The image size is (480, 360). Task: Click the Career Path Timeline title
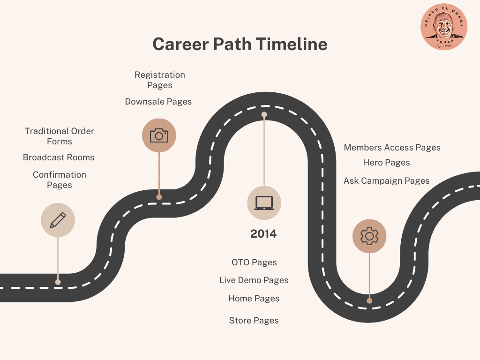tap(240, 45)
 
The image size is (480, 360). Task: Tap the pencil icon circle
tap(58, 220)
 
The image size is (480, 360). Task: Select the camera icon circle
tap(159, 135)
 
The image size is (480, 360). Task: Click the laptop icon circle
tap(264, 202)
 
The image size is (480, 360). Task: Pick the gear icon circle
tap(369, 236)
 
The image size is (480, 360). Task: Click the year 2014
tap(263, 234)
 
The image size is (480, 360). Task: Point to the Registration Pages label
tap(159, 80)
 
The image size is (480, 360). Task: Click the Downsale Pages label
tap(158, 102)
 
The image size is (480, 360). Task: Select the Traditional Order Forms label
tap(60, 136)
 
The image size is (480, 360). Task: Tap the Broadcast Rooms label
tap(59, 157)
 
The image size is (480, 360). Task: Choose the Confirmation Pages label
tap(60, 180)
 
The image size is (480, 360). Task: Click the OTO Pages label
tap(254, 262)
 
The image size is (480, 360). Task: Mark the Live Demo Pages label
tap(254, 280)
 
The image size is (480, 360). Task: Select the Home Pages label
tap(254, 299)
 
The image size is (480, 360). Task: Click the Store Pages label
tap(254, 321)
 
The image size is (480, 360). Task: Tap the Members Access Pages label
tap(392, 148)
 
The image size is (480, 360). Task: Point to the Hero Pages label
tap(386, 163)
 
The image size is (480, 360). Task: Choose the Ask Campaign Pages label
tap(386, 181)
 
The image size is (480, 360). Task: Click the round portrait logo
tap(444, 27)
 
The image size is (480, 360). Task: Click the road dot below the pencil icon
tap(58, 282)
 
